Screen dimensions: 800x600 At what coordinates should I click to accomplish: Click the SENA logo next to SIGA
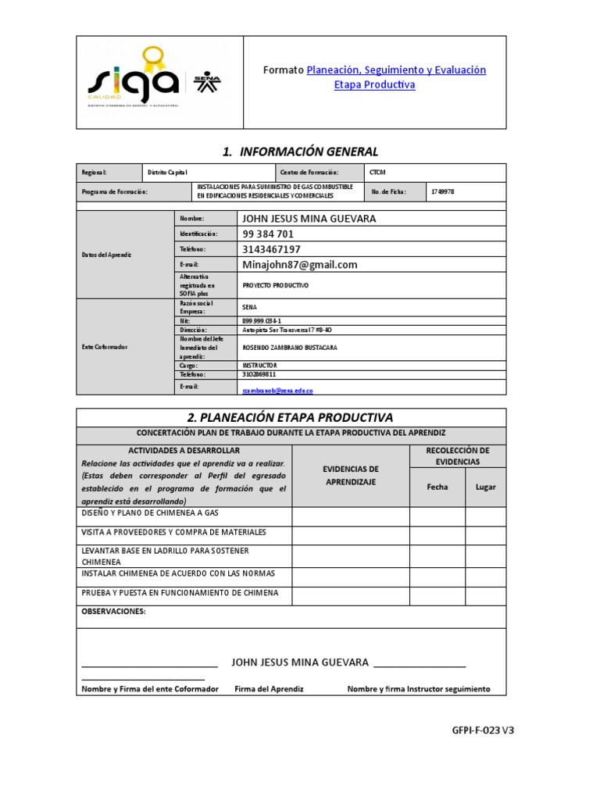click(x=209, y=82)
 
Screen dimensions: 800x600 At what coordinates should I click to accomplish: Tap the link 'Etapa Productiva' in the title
click(x=374, y=84)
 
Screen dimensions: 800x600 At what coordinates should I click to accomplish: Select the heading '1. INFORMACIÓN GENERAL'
click(x=300, y=152)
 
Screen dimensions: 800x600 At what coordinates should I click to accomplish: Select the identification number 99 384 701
click(x=268, y=234)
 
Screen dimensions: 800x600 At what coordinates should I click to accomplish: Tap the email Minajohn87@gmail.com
click(x=300, y=265)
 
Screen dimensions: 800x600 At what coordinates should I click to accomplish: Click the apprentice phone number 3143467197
click(x=271, y=249)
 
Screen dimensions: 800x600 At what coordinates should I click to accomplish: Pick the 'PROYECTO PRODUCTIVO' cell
click(x=276, y=286)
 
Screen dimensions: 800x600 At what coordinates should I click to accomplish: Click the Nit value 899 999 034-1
click(x=262, y=320)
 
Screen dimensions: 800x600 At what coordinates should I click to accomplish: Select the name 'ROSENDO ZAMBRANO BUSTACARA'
click(x=290, y=348)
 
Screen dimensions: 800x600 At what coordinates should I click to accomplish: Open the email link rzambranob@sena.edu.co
click(x=277, y=389)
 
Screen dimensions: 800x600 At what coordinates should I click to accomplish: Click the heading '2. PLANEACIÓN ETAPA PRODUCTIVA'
click(x=291, y=417)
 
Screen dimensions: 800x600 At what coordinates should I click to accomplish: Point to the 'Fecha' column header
click(x=437, y=487)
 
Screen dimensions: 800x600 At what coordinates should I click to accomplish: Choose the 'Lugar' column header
click(x=485, y=487)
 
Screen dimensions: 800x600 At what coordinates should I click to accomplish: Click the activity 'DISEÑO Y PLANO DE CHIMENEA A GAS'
click(x=150, y=513)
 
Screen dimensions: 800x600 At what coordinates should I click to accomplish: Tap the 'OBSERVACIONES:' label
click(x=114, y=611)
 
